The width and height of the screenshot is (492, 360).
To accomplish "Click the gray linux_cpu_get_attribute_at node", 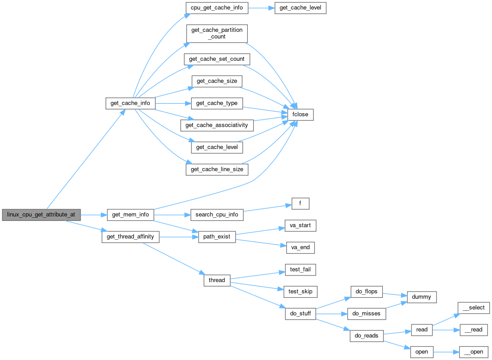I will coord(41,215).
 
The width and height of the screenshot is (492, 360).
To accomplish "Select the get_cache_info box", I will coord(131,103).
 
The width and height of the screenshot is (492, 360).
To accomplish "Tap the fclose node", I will coord(300,114).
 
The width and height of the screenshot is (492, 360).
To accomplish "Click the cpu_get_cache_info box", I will coord(217,8).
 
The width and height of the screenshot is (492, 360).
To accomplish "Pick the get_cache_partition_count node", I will coord(217,34).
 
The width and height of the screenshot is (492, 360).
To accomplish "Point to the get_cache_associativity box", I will coord(217,125).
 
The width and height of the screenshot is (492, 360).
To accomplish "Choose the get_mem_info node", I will coord(131,215).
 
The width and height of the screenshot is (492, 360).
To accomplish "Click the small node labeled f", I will coord(300,204).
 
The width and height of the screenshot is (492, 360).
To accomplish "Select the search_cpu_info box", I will coord(217,215).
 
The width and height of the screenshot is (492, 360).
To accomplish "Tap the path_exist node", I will coord(217,237).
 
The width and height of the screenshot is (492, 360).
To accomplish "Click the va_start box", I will coord(300,226).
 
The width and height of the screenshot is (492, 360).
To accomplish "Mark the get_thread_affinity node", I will coord(131,237).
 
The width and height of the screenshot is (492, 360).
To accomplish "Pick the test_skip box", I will coord(300,292).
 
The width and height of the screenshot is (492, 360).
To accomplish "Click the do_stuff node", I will coord(300,314).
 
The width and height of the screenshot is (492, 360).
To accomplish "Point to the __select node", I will coord(474,308).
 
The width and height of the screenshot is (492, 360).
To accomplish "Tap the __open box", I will coord(474,352).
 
